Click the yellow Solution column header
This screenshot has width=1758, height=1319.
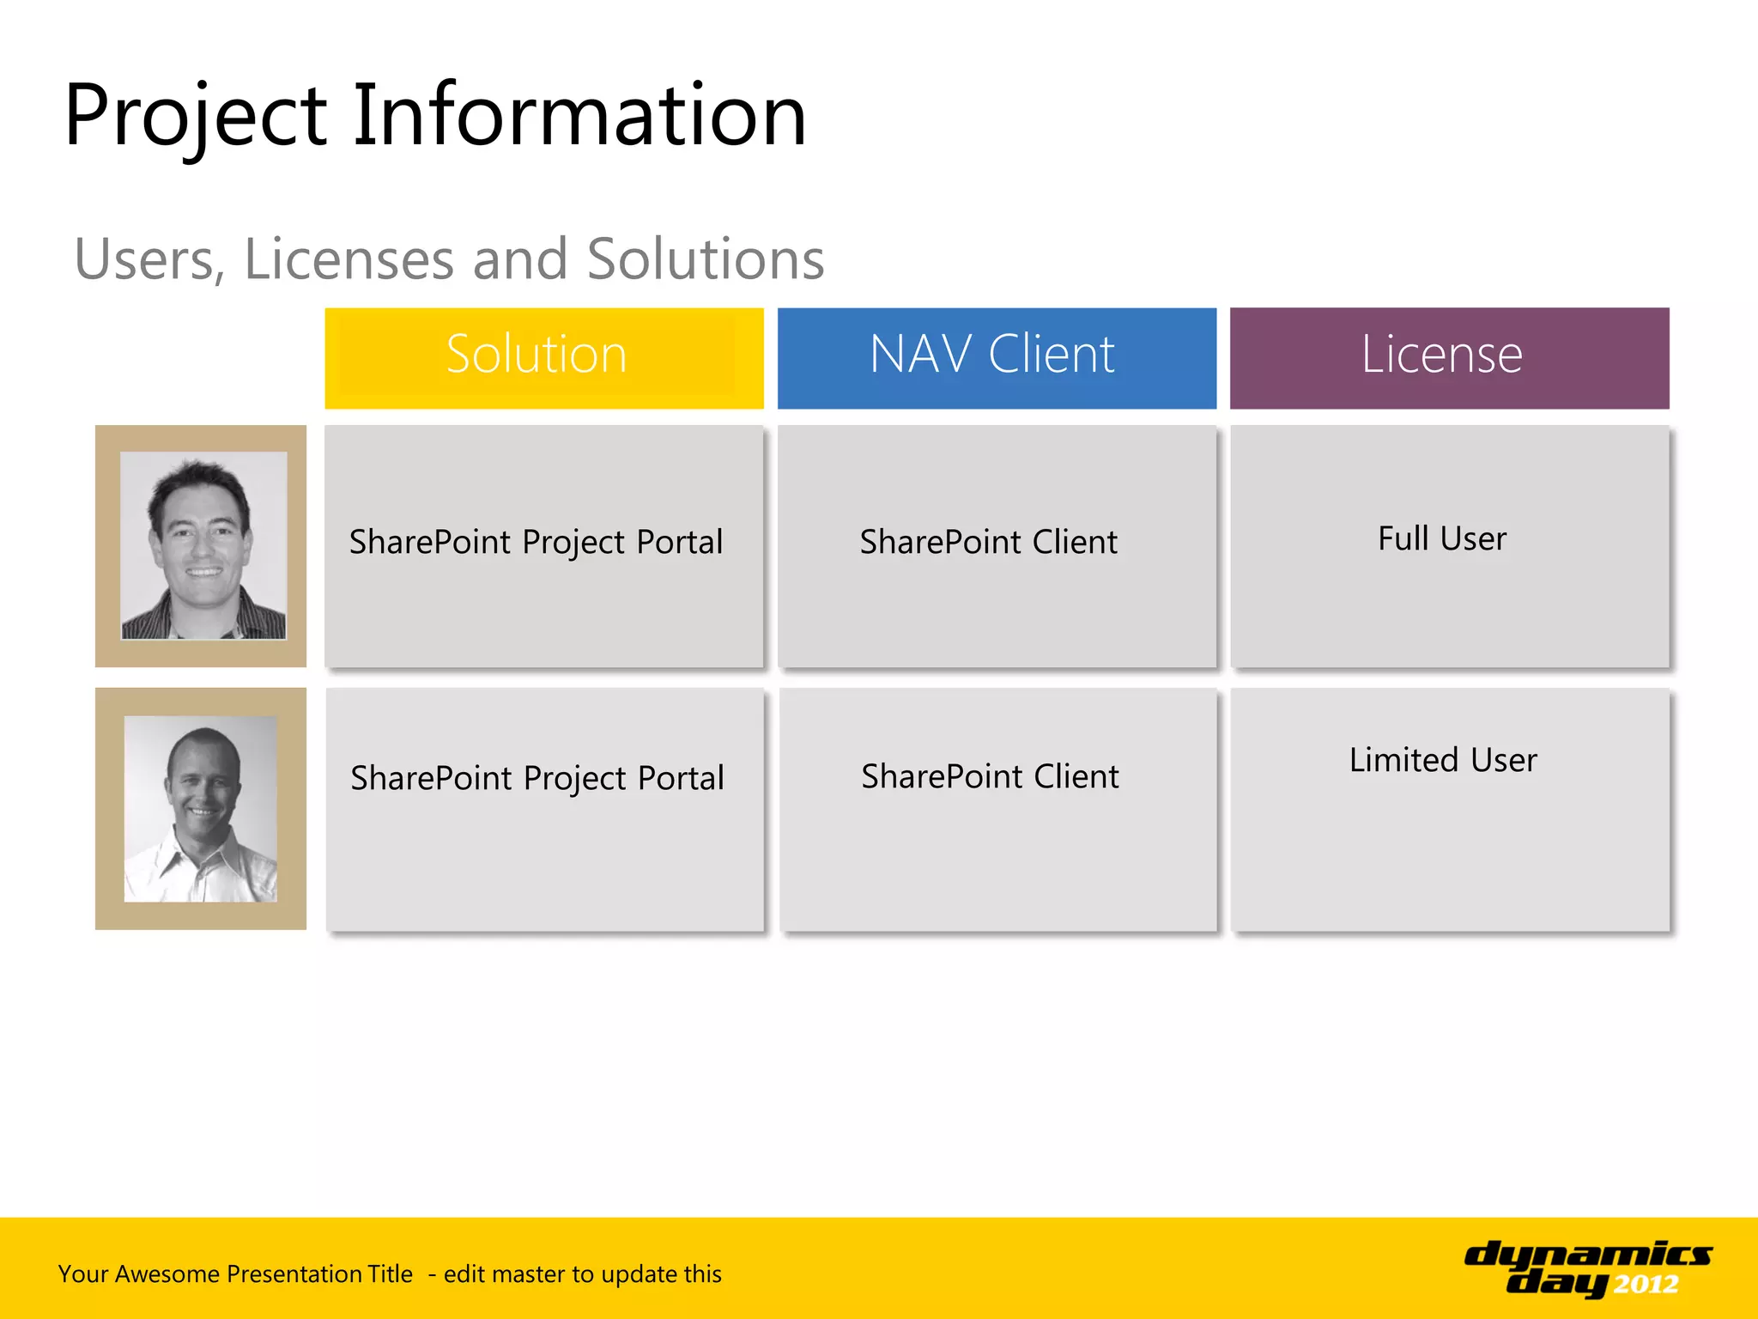click(543, 356)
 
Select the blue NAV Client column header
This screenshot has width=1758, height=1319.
click(996, 356)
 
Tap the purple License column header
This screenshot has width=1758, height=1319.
click(1449, 356)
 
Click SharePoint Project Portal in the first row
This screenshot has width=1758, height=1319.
click(536, 543)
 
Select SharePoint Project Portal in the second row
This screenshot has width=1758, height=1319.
click(537, 779)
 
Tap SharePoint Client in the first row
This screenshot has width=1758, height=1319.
click(989, 543)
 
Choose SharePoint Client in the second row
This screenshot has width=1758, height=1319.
click(990, 777)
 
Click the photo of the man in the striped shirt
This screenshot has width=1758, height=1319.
click(203, 545)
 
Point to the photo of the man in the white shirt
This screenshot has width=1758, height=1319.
click(201, 809)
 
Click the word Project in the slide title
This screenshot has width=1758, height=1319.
click(196, 116)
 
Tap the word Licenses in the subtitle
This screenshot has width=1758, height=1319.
click(349, 259)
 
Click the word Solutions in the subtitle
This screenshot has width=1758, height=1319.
click(706, 259)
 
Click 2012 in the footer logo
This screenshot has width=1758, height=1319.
click(1646, 1285)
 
